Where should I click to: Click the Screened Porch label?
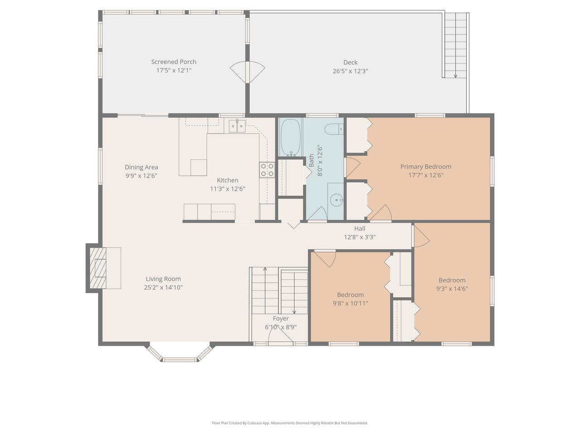click(x=174, y=62)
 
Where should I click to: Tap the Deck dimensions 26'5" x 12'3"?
click(x=350, y=71)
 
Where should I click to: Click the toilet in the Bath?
click(x=335, y=129)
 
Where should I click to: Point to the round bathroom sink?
click(x=336, y=199)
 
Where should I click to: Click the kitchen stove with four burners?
click(x=266, y=169)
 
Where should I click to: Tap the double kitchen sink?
click(x=237, y=126)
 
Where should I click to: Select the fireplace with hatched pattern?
click(x=97, y=268)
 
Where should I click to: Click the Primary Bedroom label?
click(x=425, y=166)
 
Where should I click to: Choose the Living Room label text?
click(x=163, y=279)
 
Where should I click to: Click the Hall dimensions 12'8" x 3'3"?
click(x=360, y=237)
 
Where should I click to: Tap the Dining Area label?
click(x=141, y=167)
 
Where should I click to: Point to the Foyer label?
click(x=280, y=319)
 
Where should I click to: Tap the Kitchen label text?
click(x=227, y=180)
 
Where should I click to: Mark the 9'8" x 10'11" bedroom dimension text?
click(x=350, y=304)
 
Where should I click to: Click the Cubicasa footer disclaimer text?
click(x=290, y=423)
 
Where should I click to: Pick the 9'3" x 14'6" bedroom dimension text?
click(x=452, y=289)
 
